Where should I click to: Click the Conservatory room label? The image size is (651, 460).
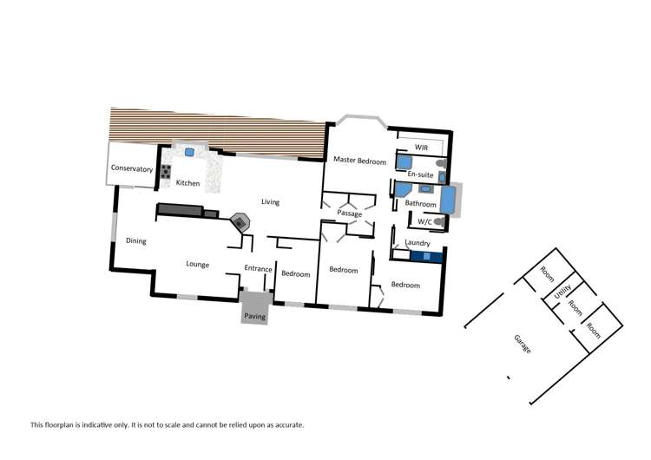(132, 169)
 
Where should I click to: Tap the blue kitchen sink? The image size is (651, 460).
(188, 152)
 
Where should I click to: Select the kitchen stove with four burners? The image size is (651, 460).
(165, 171)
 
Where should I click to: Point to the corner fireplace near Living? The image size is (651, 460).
(239, 222)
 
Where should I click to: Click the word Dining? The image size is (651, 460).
(136, 241)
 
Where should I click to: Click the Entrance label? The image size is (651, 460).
(258, 269)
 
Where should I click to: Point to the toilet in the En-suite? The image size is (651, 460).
(441, 162)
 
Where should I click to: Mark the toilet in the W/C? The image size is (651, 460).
(439, 223)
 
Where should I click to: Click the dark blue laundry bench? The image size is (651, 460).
(424, 255)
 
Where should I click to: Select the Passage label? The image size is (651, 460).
(350, 213)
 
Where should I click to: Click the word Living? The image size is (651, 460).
(271, 202)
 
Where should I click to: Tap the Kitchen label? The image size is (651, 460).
(188, 183)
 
